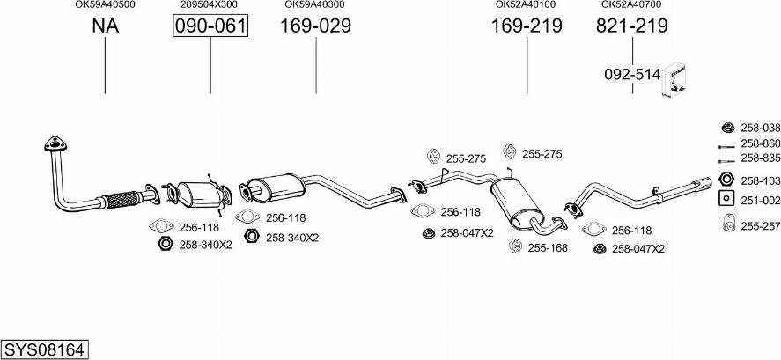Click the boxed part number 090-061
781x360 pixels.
click(x=210, y=26)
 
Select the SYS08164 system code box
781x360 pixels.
click(x=45, y=350)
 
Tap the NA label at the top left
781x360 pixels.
click(x=105, y=26)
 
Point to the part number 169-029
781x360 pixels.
click(x=315, y=26)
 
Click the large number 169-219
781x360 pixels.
click(x=527, y=26)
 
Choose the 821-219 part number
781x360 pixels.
click(x=631, y=26)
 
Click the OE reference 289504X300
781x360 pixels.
click(x=209, y=4)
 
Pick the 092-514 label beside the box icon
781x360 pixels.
click(x=632, y=75)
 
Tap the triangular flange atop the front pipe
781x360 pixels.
click(x=55, y=143)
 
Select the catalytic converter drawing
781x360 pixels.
click(x=198, y=195)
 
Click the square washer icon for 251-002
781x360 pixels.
click(x=726, y=198)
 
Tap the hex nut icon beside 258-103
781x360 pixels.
click(x=726, y=179)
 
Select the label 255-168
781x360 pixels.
click(x=548, y=248)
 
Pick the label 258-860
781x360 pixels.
click(x=761, y=143)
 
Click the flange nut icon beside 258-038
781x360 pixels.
click(x=728, y=128)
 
